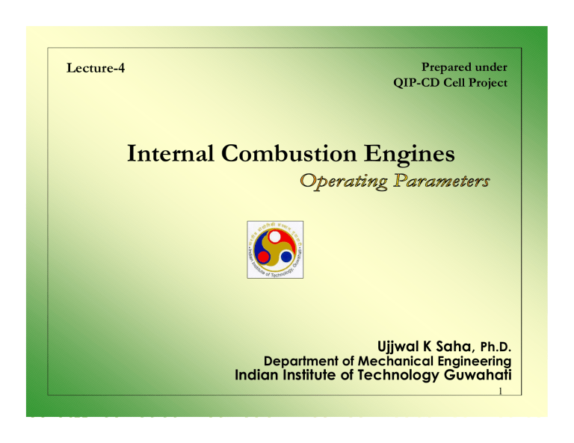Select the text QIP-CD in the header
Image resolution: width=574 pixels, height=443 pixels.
(x=414, y=82)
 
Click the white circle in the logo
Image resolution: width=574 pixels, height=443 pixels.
(x=278, y=238)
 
